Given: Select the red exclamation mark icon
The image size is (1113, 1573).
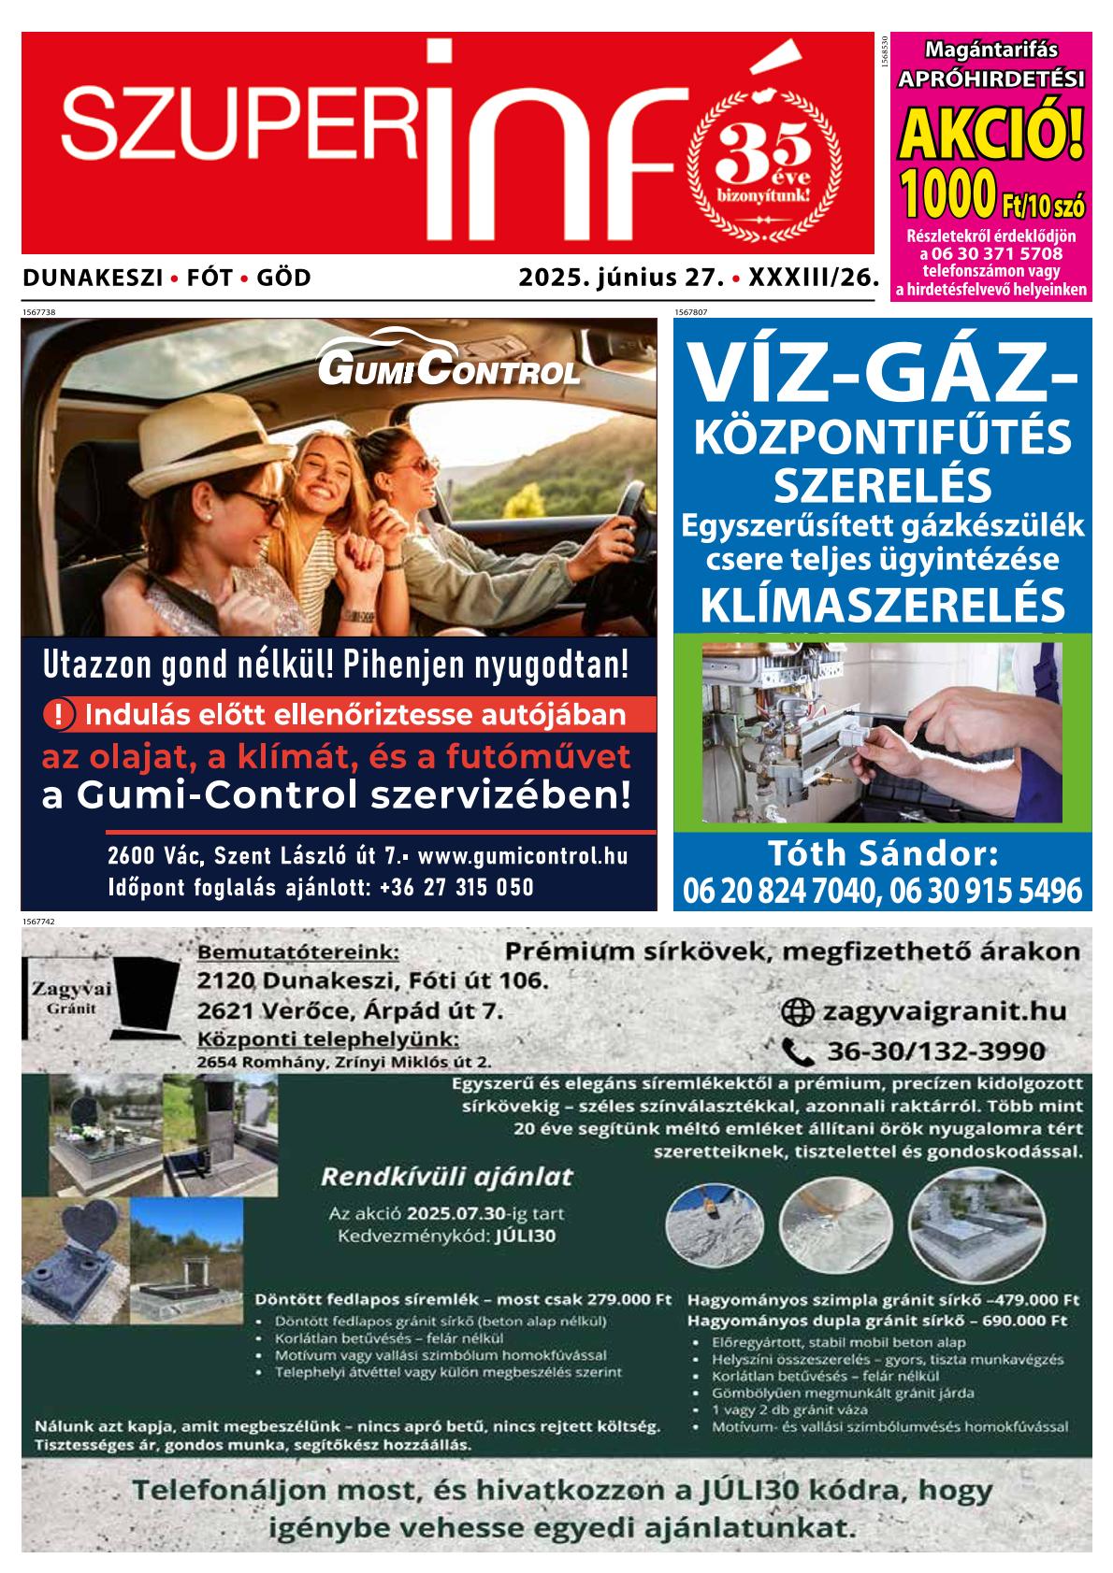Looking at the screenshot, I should pyautogui.click(x=58, y=716).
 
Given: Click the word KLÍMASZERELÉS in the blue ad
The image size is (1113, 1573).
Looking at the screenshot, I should pyautogui.click(x=881, y=606).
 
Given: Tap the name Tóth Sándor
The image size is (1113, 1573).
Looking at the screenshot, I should pyautogui.click(x=883, y=853).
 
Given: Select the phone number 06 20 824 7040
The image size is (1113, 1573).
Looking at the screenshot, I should pyautogui.click(x=780, y=891).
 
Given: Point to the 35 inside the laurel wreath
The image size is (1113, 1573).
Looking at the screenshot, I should pyautogui.click(x=764, y=150).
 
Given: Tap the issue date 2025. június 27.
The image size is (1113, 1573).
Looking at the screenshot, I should pyautogui.click(x=622, y=278).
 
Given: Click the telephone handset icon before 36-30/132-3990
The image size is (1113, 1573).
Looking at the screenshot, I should pyautogui.click(x=797, y=1052).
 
